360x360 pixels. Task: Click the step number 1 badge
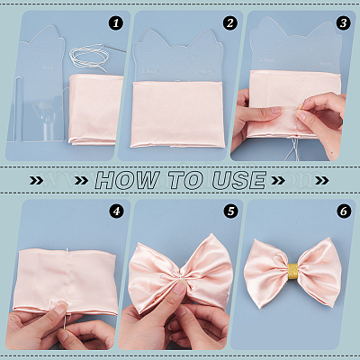pyautogui.click(x=116, y=23)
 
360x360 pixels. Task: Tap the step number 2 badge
pyautogui.click(x=229, y=23)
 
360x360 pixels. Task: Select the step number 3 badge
pyautogui.click(x=343, y=23)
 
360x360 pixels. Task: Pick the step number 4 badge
pyautogui.click(x=116, y=211)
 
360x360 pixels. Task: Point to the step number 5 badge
pyautogui.click(x=230, y=211)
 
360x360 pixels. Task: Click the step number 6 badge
pyautogui.click(x=344, y=211)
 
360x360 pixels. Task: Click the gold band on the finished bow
pyautogui.click(x=293, y=271)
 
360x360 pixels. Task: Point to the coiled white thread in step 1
pyautogui.click(x=88, y=57)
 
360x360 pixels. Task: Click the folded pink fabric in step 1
pyautogui.click(x=96, y=110)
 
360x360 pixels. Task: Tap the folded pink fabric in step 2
pyautogui.click(x=177, y=114)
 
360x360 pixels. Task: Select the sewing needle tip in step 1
pyautogui.click(x=124, y=51)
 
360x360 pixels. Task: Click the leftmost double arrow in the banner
pyautogui.click(x=36, y=180)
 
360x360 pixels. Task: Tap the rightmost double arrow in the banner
pyautogui.click(x=321, y=180)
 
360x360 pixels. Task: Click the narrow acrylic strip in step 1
pyautogui.click(x=14, y=109)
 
